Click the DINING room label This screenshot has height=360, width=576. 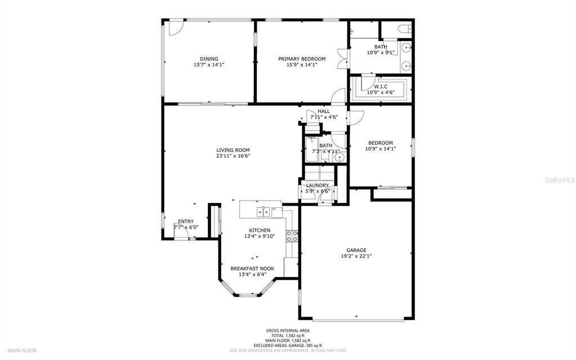tap(209, 59)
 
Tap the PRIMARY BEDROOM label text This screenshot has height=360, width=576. tap(302, 59)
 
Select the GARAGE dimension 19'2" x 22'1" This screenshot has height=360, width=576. tap(356, 256)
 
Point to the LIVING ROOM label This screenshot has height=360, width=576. tap(233, 150)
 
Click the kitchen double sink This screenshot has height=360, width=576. tap(262, 212)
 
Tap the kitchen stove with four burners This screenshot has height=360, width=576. tap(292, 236)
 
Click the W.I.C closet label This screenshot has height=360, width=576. tap(381, 87)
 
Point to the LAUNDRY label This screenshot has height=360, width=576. tap(318, 185)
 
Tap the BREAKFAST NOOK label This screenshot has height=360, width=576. tap(252, 269)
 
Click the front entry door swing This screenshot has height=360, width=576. tap(180, 231)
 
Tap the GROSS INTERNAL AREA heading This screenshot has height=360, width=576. tap(288, 331)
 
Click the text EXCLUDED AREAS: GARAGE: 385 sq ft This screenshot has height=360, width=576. tap(288, 345)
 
